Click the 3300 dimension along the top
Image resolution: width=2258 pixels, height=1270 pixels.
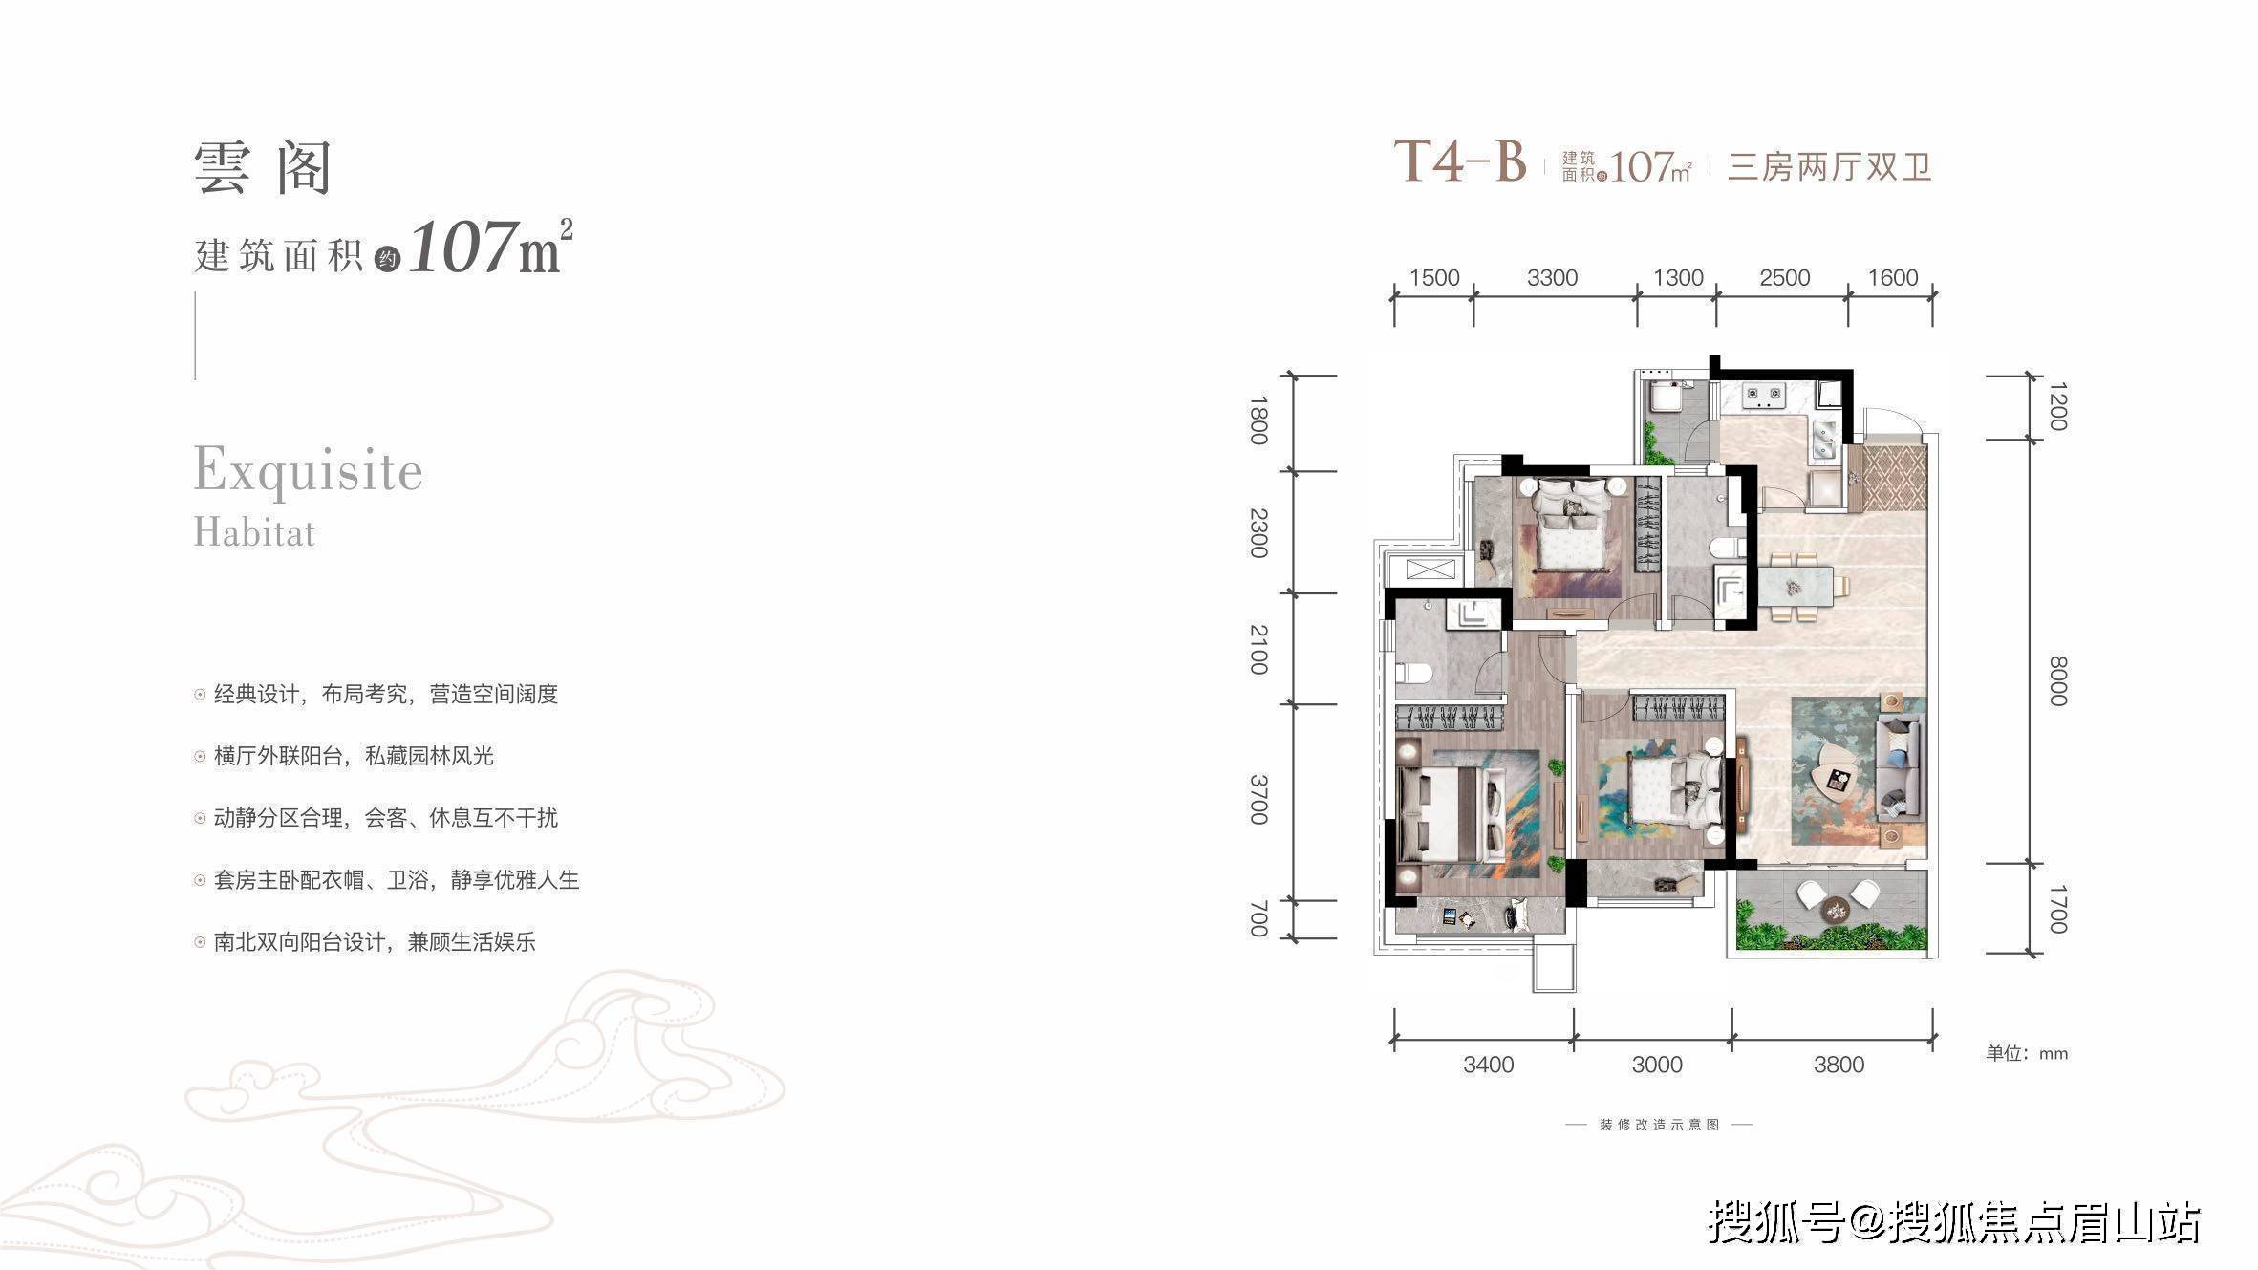point(1552,278)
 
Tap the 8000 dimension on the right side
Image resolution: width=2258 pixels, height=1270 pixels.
point(2058,681)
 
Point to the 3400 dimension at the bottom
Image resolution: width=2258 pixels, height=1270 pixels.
point(1488,1065)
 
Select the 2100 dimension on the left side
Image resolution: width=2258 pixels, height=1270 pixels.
point(1258,650)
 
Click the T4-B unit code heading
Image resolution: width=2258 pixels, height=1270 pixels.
point(1460,161)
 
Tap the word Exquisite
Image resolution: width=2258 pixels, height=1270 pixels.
point(308,470)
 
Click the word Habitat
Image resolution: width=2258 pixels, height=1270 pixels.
point(254,532)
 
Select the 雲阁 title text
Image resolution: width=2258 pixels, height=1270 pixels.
point(263,168)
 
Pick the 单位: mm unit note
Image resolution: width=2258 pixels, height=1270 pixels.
point(2027,1054)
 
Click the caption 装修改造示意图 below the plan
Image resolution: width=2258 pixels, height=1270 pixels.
point(1659,1125)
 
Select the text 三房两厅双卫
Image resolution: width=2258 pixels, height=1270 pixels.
point(1830,168)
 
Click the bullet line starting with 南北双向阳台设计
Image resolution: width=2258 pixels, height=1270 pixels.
point(375,942)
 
